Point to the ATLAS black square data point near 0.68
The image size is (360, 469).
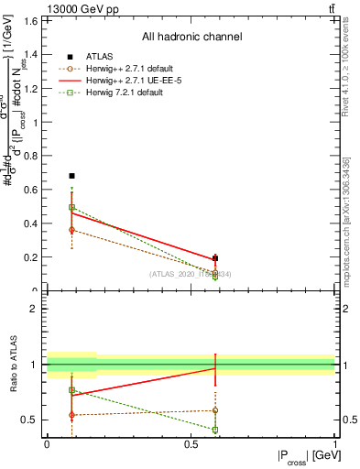(72, 175)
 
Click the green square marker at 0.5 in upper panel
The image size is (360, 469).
(72, 207)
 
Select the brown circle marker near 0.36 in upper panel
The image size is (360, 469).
(72, 230)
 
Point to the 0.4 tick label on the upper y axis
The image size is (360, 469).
(29, 224)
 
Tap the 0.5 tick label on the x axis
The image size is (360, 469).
(191, 443)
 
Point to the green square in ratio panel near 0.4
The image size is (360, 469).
(215, 429)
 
